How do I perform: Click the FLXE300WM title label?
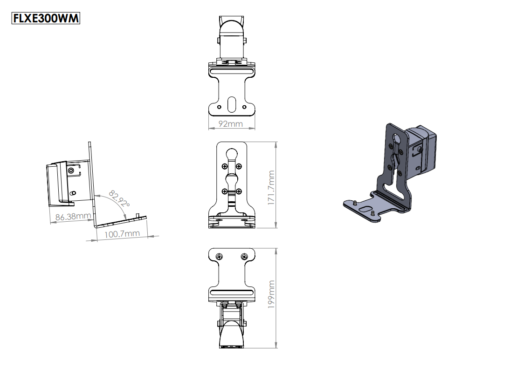(x=46, y=18)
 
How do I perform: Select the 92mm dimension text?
(x=231, y=124)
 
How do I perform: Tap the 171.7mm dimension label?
(x=271, y=188)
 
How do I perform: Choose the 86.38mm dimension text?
(x=73, y=217)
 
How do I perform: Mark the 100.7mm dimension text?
(x=122, y=233)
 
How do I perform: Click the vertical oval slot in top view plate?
(x=232, y=103)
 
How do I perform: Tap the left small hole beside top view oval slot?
(x=220, y=106)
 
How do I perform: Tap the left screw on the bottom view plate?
(x=220, y=257)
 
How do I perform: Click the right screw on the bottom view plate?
(x=244, y=257)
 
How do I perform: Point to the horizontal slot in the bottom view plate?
(x=232, y=293)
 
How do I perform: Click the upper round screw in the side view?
(x=71, y=171)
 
